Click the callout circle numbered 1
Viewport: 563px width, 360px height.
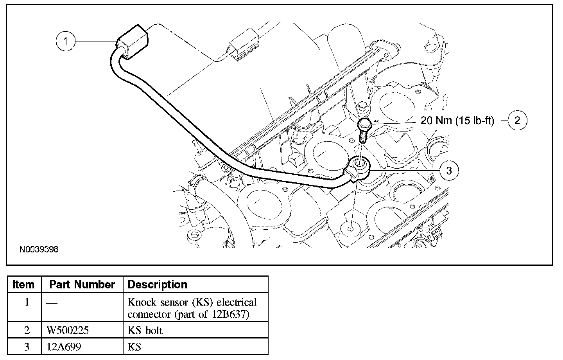point(66,41)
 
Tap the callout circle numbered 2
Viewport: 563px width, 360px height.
point(518,120)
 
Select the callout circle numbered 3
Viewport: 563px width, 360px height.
point(449,171)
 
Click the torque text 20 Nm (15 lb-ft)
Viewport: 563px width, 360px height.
point(457,121)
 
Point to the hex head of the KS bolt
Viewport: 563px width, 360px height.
point(364,124)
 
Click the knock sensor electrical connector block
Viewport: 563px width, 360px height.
point(132,41)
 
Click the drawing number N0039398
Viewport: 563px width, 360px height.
point(39,250)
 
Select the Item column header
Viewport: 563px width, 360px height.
point(23,284)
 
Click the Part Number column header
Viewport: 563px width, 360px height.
point(82,284)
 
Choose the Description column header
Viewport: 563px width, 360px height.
point(157,284)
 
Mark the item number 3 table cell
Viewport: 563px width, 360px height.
point(27,347)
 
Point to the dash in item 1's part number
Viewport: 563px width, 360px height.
point(52,303)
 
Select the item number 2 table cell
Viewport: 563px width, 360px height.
point(27,330)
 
